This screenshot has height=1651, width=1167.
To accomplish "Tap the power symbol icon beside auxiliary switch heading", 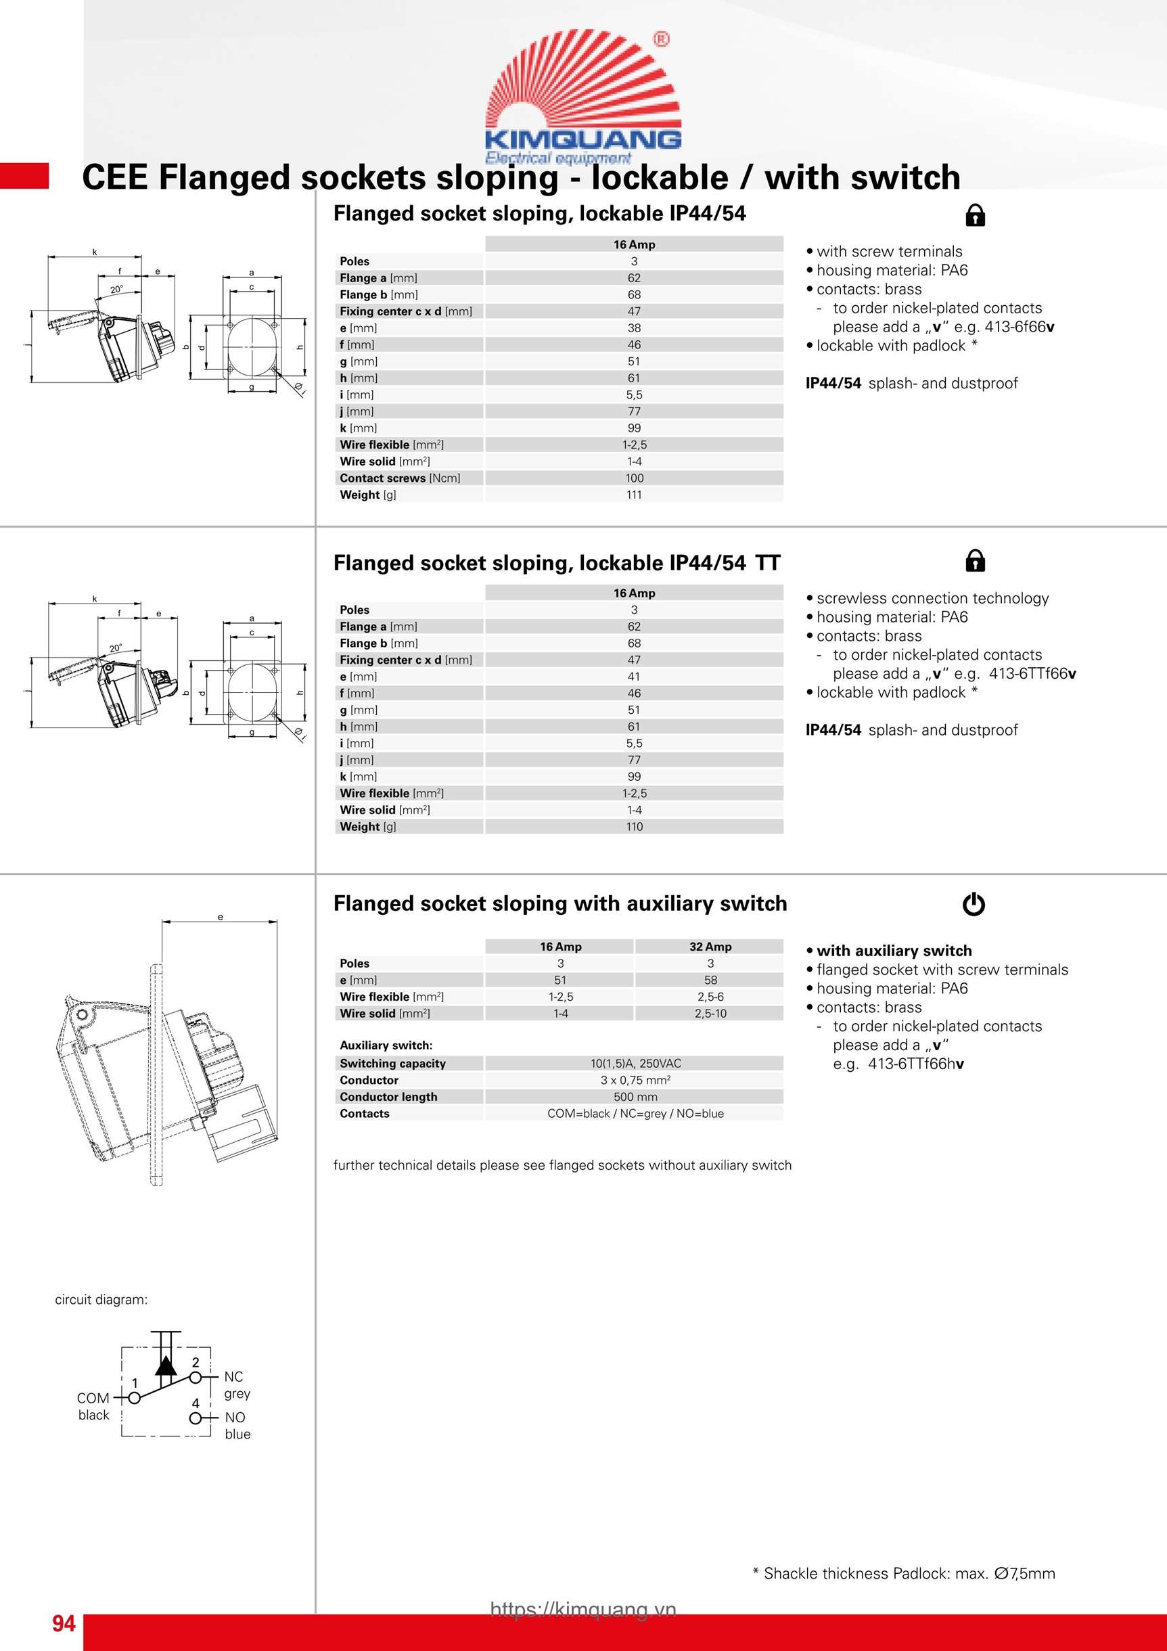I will coord(974,904).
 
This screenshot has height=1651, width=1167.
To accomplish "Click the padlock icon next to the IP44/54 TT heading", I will coord(975,560).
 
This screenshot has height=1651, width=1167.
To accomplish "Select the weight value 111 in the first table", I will coord(633,495).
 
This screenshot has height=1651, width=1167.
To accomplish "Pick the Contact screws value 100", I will coord(633,478).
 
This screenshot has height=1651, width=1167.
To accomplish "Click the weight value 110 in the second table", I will coord(633,827).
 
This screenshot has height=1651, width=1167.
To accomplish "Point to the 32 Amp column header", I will coord(710,947).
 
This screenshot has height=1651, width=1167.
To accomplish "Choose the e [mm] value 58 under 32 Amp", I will coord(710,980).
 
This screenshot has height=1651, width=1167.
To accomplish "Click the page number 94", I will coord(64,1624).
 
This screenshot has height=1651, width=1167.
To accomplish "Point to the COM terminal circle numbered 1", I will coord(135,1398).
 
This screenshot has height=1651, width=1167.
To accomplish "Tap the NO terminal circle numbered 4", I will coord(195,1418).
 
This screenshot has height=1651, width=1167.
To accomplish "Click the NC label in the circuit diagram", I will coord(233,1376).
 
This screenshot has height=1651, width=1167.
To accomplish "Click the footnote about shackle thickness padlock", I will coord(904,1573).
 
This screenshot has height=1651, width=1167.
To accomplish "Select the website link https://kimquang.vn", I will coord(583,1609).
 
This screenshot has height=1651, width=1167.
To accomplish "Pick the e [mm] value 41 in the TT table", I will coord(633,677).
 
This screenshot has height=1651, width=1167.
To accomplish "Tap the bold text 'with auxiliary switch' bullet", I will coord(894,951).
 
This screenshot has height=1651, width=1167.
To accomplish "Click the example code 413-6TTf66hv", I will coord(915,1064).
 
